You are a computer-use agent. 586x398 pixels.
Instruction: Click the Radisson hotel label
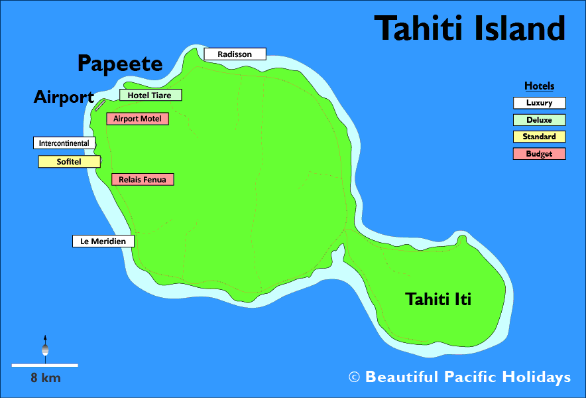(x=235, y=54)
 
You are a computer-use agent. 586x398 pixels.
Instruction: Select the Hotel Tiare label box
(x=150, y=95)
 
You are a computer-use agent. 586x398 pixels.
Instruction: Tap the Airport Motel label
(x=137, y=119)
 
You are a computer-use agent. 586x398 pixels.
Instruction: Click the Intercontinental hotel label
(x=64, y=143)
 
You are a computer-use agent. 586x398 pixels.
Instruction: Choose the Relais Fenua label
(x=143, y=179)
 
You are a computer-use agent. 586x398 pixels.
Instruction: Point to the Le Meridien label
(x=103, y=241)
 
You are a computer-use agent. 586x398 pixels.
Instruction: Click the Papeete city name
(x=120, y=64)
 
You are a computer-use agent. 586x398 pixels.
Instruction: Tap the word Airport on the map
(x=64, y=98)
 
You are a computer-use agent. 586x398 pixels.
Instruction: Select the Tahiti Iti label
(x=438, y=299)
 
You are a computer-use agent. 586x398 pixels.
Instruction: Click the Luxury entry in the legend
(x=539, y=103)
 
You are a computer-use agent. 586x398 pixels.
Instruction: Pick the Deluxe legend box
(x=539, y=120)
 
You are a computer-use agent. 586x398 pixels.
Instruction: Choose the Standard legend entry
(x=539, y=137)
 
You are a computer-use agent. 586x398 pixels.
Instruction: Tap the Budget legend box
(x=539, y=154)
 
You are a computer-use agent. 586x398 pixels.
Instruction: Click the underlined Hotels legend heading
(x=539, y=86)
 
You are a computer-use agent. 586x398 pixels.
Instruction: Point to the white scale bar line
(x=44, y=365)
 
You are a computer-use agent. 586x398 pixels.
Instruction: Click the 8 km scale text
(x=45, y=378)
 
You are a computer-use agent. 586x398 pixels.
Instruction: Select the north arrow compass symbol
(x=45, y=347)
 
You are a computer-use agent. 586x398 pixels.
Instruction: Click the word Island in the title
(x=518, y=29)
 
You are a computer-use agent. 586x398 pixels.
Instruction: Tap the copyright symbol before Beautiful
(x=354, y=377)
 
